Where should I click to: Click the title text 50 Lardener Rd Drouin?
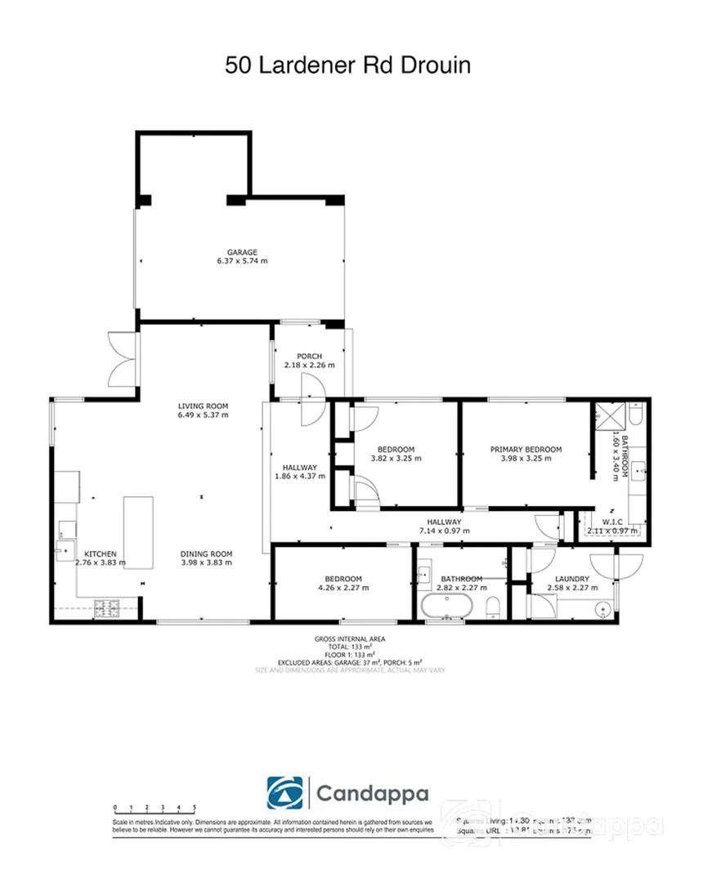(348, 65)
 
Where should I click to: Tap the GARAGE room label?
(243, 252)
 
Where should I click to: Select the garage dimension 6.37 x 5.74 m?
(243, 262)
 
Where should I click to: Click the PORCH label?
(309, 356)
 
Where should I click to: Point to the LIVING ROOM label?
(204, 406)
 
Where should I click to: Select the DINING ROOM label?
(207, 554)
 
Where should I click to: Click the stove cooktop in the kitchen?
(107, 607)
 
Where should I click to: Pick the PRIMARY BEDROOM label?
(526, 449)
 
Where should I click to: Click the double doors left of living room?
(121, 361)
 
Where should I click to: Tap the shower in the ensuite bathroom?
(609, 415)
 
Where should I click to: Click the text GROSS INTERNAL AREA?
(349, 639)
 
